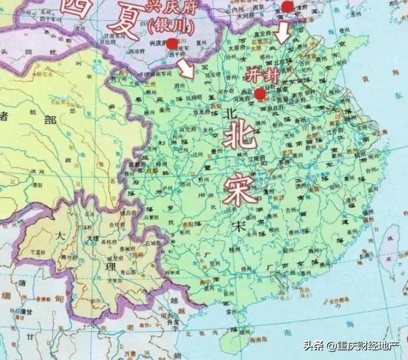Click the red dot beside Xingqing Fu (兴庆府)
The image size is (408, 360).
tap(172, 44)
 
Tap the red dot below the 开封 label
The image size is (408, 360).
tap(260, 94)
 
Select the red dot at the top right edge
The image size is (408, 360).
tap(287, 7)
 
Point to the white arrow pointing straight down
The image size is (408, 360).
tap(283, 30)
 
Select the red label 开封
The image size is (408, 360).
tap(258, 75)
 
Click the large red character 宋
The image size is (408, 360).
tap(240, 183)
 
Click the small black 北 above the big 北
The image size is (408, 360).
tap(226, 114)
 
